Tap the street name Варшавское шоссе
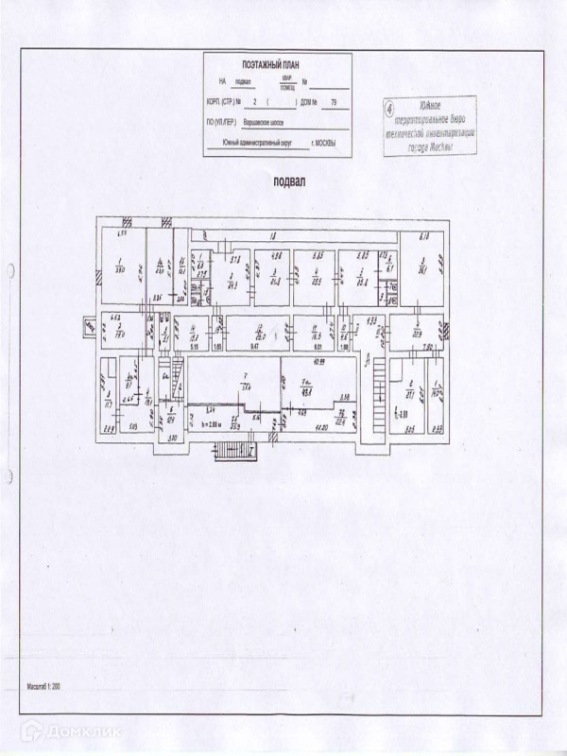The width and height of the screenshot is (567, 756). pyautogui.click(x=257, y=122)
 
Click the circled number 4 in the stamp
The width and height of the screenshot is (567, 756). pyautogui.click(x=390, y=109)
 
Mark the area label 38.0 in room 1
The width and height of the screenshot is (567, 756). pyautogui.click(x=121, y=269)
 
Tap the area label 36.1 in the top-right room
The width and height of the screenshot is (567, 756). pyautogui.click(x=424, y=269)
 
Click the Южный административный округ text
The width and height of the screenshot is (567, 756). pyautogui.click(x=258, y=144)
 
